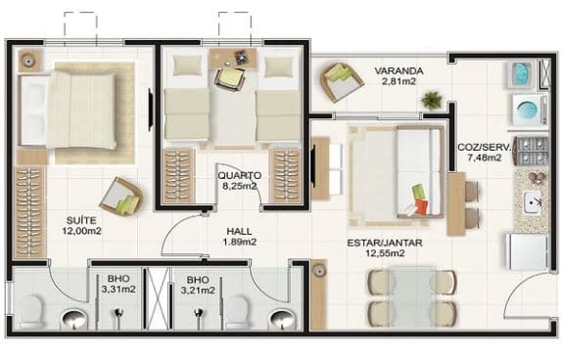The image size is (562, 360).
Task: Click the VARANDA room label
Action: [x=398, y=71]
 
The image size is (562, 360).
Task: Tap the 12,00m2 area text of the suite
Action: [x=81, y=231]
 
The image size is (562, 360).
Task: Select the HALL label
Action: [x=239, y=232]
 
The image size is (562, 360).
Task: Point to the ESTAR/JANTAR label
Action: [x=385, y=243]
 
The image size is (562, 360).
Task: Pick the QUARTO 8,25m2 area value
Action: [x=240, y=186]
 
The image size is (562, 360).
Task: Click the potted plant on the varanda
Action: [x=432, y=100]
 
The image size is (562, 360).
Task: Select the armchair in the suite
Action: [x=121, y=197]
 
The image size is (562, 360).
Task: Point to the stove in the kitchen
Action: [x=532, y=151]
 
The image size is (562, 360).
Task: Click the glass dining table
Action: [x=412, y=297]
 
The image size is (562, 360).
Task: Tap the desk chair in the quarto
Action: [x=230, y=79]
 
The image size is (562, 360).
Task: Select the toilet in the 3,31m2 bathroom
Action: [x=31, y=311]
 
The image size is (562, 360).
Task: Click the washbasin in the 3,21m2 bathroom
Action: [x=282, y=319]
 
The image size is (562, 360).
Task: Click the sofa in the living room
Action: [x=420, y=171]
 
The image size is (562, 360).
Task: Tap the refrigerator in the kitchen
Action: [x=527, y=251]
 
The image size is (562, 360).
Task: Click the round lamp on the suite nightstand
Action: [x=28, y=61]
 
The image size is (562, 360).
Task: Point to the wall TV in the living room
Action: [x=314, y=166]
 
